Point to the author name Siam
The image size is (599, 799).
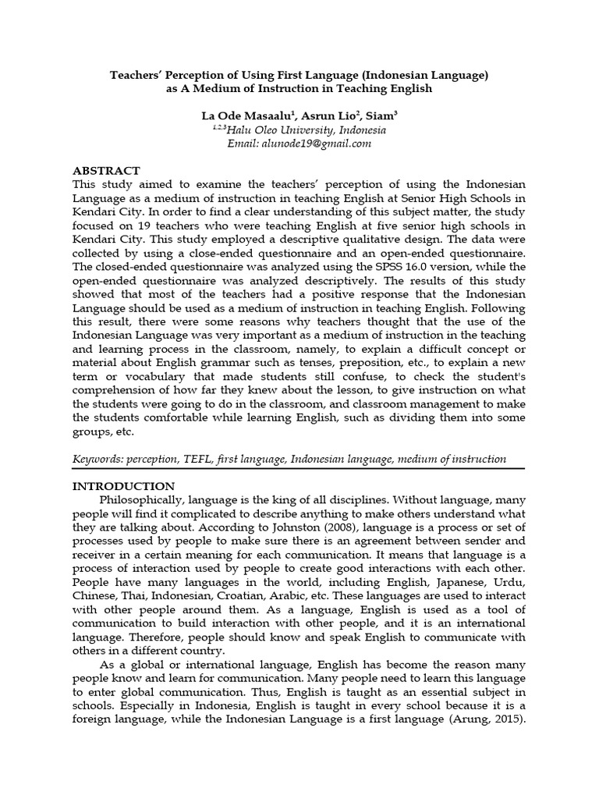click(377, 115)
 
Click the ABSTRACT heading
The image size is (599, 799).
click(106, 170)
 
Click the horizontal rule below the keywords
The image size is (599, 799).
click(299, 470)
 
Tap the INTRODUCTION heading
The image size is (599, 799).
click(123, 485)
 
